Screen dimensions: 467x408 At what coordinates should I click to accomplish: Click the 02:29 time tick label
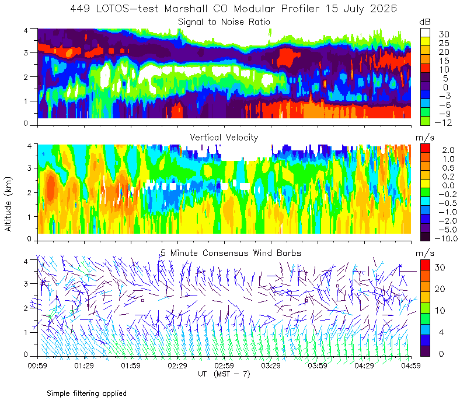(177, 365)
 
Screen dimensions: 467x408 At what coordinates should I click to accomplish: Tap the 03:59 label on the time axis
(318, 365)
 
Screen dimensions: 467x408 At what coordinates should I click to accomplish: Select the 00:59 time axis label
(37, 365)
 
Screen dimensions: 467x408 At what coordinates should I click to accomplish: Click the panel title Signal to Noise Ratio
(224, 22)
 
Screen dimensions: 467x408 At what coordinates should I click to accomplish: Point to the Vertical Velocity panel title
(224, 138)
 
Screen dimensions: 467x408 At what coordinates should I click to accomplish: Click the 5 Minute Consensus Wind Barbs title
(231, 253)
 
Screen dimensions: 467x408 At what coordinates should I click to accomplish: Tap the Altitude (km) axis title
(8, 204)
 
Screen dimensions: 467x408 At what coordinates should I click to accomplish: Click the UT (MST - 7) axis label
(224, 374)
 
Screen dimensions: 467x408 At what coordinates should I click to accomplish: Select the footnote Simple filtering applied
(86, 393)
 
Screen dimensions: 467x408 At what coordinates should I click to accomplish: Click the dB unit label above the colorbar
(425, 22)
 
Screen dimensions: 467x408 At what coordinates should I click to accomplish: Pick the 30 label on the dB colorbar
(444, 34)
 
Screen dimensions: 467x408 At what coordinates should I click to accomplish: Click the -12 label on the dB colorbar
(443, 122)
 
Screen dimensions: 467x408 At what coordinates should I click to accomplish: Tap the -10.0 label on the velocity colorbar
(446, 238)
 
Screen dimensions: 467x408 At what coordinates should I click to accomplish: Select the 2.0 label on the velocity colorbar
(448, 150)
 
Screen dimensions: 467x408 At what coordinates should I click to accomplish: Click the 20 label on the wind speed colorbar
(440, 289)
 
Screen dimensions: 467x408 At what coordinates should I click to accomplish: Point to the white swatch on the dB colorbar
(425, 33)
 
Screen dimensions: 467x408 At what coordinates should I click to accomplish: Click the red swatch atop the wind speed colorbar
(425, 265)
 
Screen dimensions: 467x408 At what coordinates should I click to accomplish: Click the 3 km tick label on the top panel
(26, 52)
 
